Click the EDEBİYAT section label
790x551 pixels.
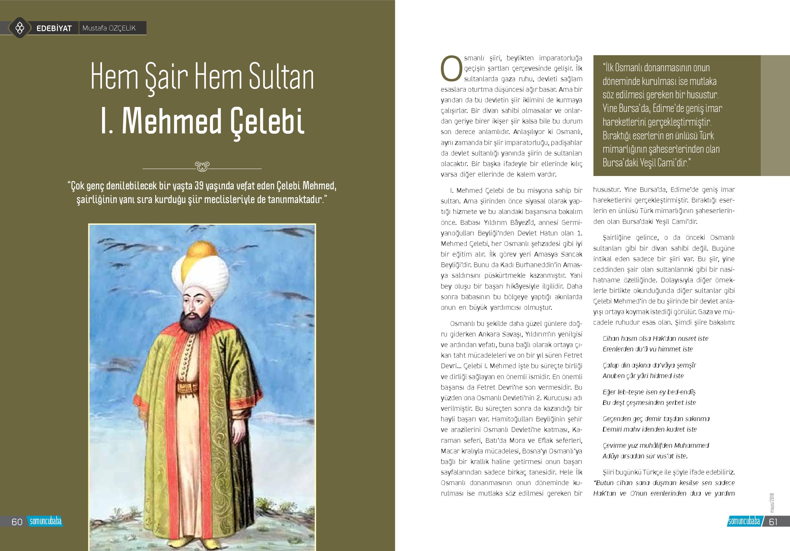[54, 28]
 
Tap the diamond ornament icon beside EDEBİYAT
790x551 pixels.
[20, 27]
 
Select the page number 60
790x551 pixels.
[17, 522]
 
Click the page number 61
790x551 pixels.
[773, 522]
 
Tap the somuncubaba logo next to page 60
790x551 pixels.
[45, 521]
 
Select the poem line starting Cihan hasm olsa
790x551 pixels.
[655, 338]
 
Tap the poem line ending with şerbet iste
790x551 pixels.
[649, 402]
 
